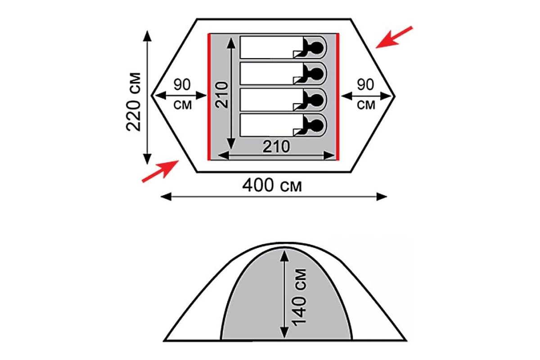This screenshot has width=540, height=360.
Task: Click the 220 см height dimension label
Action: point(133,102)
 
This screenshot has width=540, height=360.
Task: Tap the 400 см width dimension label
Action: point(272,186)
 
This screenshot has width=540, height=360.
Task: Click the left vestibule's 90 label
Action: point(182,85)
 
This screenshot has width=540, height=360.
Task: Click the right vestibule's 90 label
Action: point(366,85)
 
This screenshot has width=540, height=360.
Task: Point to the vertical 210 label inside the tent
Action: point(222,95)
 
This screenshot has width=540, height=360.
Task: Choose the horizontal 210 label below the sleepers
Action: point(276,147)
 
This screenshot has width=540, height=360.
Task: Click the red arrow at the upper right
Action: point(394,37)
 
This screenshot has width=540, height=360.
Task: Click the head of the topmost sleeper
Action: point(317,48)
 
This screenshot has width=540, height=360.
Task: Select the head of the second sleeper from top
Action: point(317,74)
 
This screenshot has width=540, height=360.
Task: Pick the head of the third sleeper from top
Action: point(317,100)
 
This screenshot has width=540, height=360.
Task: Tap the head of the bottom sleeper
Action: point(317,125)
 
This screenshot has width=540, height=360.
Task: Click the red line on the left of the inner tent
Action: point(209,97)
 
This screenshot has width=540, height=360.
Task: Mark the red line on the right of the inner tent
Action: point(338,97)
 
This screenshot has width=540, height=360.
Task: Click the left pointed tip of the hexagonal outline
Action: point(152,96)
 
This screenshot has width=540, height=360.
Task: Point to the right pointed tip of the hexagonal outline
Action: point(395,96)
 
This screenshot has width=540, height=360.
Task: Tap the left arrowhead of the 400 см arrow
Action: point(166,197)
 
